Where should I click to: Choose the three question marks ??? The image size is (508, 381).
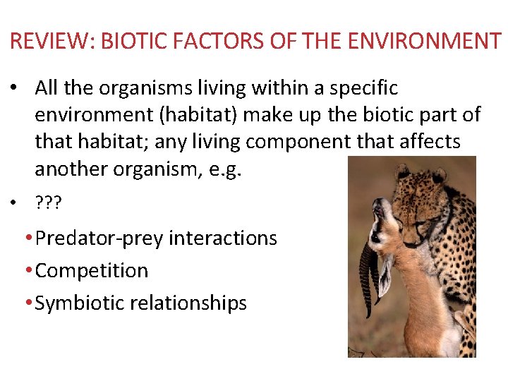pyautogui.click(x=49, y=204)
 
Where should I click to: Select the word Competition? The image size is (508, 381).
pyautogui.click(x=92, y=271)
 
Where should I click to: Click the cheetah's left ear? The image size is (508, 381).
pyautogui.click(x=404, y=170)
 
